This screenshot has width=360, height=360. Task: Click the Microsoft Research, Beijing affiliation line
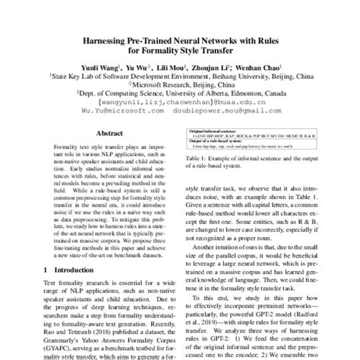coord(180,86)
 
